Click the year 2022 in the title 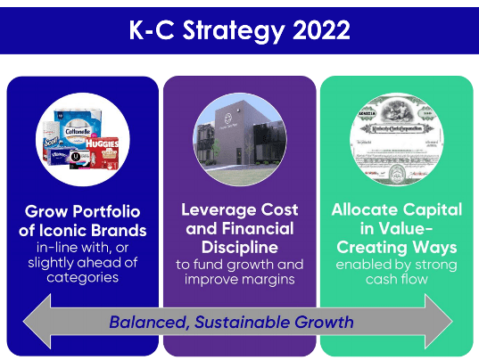coord(321,30)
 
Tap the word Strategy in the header coord(234,31)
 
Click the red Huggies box coord(102,153)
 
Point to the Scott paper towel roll coord(51,140)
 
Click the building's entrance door coord(238,156)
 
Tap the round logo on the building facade coord(228,118)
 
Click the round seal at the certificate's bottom coord(398,173)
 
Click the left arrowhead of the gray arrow coord(37,321)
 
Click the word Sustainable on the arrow coord(242,323)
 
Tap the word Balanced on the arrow coord(149,323)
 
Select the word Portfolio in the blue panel coord(107,211)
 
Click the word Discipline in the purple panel coord(240,247)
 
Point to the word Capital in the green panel coord(433,210)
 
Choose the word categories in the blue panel coord(82,278)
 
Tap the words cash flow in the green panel coord(397,279)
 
